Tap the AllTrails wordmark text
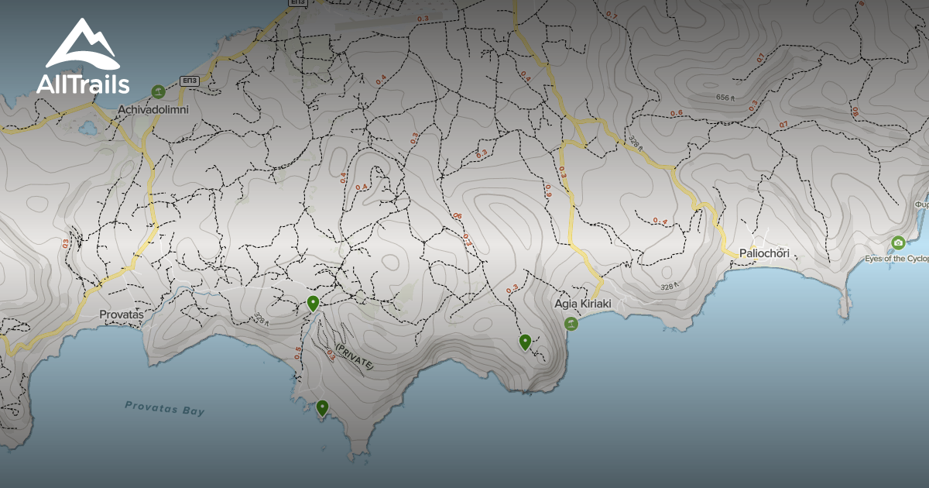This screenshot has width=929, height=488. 83,84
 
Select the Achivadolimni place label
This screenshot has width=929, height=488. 153,110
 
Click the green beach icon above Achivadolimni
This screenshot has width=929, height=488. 159,91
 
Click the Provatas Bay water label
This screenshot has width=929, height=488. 165,408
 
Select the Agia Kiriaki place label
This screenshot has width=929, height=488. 583,304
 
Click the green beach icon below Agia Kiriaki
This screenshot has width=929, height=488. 572,324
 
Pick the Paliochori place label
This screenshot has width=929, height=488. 764,253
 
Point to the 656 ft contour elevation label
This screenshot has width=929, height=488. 725,98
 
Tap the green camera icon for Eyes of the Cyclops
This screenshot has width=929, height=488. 898,242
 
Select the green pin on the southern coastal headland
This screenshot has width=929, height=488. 322,407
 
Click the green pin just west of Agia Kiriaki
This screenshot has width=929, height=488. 525,341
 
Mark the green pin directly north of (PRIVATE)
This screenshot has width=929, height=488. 313,302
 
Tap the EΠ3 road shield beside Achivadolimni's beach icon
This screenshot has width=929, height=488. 188,80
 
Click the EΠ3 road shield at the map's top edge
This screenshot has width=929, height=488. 297,3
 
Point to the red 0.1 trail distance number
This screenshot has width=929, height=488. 761,57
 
